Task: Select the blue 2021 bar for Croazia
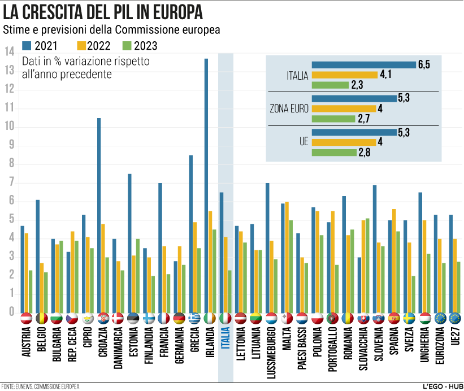pyautogui.click(x=99, y=215)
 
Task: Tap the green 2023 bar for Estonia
pyautogui.click(x=137, y=275)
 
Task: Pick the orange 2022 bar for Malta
pyautogui.click(x=287, y=257)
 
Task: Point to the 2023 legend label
pyautogui.click(x=145, y=46)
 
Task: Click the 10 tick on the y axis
pyautogui.click(x=8, y=127)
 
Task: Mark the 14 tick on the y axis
pyautogui.click(x=8, y=51)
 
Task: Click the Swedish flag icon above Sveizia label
pyautogui.click(x=409, y=318)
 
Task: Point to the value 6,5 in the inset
pyautogui.click(x=424, y=65)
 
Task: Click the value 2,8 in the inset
pyautogui.click(x=365, y=153)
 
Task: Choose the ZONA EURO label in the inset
pyautogui.click(x=289, y=109)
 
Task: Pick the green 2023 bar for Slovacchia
pyautogui.click(x=367, y=265)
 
